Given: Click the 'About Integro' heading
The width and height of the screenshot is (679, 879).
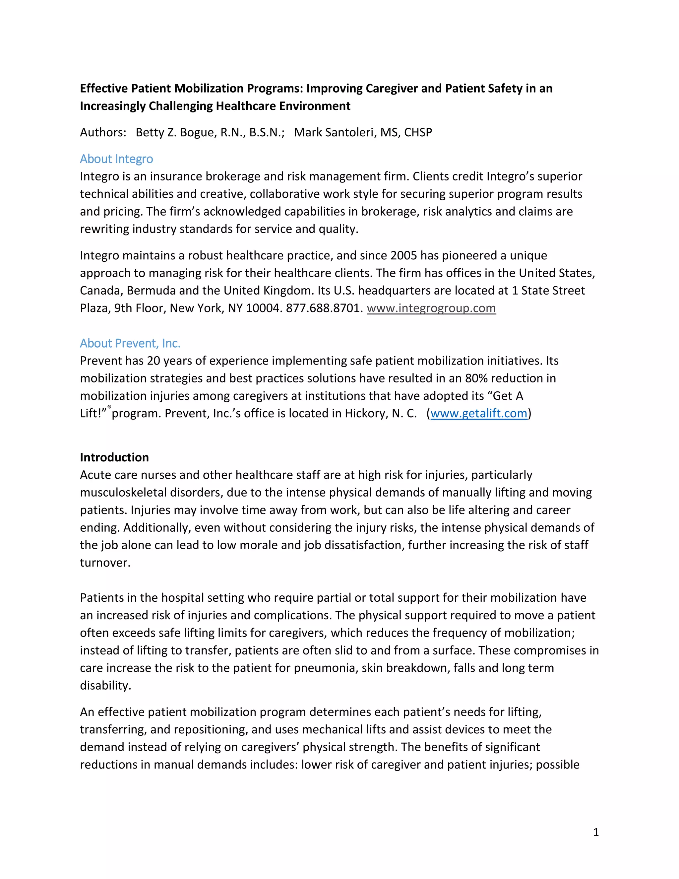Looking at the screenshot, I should coord(116,159).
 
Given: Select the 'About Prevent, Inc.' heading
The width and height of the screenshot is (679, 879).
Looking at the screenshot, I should coord(130,343).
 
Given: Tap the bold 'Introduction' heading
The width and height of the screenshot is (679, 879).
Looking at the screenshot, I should coord(114,457).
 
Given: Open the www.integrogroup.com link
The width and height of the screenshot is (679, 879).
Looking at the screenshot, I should coord(431,308).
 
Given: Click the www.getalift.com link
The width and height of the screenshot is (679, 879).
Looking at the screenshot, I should coord(479,413).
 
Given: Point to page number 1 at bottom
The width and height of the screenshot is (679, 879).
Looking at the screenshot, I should coord(596,832).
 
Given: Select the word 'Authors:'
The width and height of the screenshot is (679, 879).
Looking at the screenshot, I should coord(103,132).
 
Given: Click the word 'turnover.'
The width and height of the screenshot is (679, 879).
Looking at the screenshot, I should coord(105,563).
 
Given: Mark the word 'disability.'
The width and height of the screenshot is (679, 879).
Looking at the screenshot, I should coord(105,685).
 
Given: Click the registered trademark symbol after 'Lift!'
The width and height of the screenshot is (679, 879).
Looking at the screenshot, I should coord(109,407).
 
